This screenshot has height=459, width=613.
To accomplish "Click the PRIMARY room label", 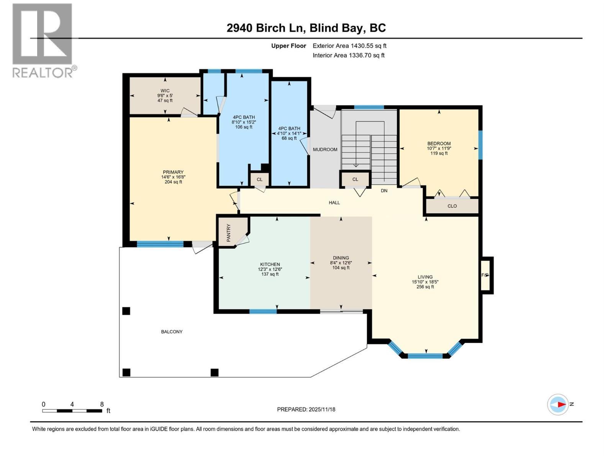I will [173, 172].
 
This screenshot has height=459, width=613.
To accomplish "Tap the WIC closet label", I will [165, 91].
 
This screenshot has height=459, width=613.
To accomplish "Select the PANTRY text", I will [229, 233].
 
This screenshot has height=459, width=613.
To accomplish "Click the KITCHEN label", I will [270, 264].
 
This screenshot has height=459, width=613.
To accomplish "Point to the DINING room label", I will [341, 258].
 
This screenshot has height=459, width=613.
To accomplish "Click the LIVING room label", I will [425, 277].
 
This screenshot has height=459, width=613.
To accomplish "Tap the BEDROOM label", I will [439, 143].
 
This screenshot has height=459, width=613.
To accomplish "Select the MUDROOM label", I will [325, 150].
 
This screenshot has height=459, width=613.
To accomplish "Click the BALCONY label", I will [172, 332].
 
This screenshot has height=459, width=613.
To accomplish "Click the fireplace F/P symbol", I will [485, 275].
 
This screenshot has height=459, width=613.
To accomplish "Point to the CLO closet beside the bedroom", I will [452, 206].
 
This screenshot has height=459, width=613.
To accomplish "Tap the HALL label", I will [334, 203].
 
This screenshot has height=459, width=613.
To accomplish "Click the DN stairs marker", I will [384, 190].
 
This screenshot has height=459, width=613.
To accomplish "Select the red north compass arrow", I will [562, 404].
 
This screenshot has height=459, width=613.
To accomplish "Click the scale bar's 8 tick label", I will [102, 404].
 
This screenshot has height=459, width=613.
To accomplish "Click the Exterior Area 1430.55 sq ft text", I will [349, 46].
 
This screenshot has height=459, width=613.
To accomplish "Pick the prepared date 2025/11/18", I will [322, 409].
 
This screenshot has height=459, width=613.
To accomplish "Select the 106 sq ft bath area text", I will [244, 127].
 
